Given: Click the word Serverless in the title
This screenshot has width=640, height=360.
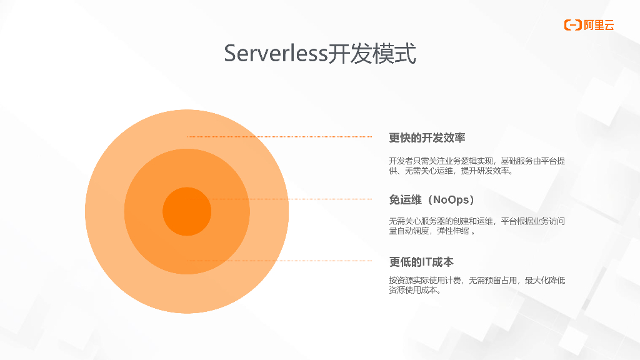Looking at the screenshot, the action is pyautogui.click(x=276, y=54).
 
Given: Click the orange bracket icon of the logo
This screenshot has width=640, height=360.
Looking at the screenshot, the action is pyautogui.click(x=572, y=25).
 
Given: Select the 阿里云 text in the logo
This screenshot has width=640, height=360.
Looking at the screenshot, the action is pyautogui.click(x=599, y=25).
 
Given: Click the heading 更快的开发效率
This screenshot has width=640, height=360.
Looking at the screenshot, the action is pyautogui.click(x=427, y=138).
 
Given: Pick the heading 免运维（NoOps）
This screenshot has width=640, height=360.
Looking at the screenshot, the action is pyautogui.click(x=432, y=200).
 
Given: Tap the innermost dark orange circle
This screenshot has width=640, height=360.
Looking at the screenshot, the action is pyautogui.click(x=187, y=211).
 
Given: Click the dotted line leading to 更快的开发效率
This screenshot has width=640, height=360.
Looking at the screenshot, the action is pyautogui.click(x=281, y=136).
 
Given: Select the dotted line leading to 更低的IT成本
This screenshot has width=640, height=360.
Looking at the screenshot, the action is pyautogui.click(x=281, y=261).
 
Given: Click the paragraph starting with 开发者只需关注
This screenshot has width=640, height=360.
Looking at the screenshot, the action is pyautogui.click(x=477, y=166).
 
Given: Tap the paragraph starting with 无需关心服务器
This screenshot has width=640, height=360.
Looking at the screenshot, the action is pyautogui.click(x=477, y=226).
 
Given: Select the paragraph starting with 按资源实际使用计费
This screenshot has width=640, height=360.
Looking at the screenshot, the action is pyautogui.click(x=477, y=285).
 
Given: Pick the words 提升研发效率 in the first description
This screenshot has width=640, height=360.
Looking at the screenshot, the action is pyautogui.click(x=486, y=171).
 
